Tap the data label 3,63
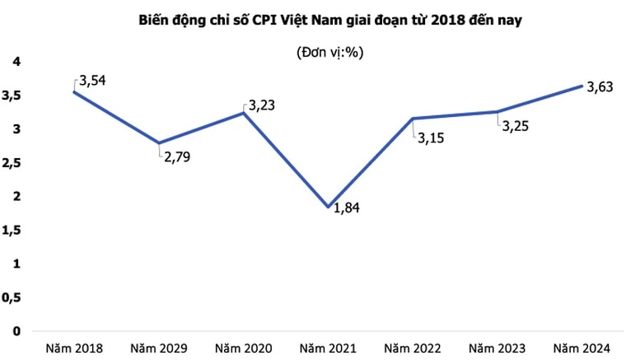coord(600,88)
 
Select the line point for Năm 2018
coord(74,92)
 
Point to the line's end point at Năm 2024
coord(582,86)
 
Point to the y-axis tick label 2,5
coord(12,163)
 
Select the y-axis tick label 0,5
coord(12,297)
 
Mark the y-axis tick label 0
coord(16,330)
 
